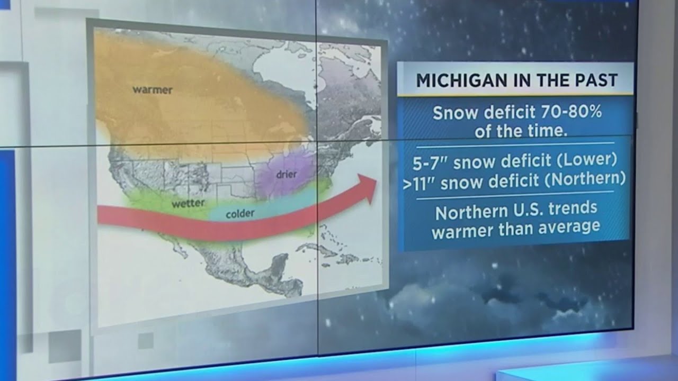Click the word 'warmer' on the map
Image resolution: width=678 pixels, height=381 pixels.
coord(152,90)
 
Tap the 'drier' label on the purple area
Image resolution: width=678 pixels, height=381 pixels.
coord(286,174)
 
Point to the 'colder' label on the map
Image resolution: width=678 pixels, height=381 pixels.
coord(240,214)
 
